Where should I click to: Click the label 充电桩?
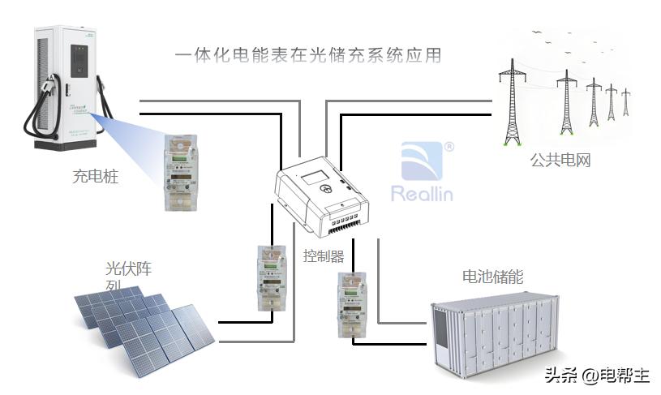(x=96, y=175)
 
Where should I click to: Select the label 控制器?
(x=324, y=256)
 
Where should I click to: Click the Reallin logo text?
(x=422, y=194)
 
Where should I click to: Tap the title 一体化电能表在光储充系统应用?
(x=308, y=55)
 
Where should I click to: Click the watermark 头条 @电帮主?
(x=597, y=376)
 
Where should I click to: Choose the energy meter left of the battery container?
(x=351, y=306)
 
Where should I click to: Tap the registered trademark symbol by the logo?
(x=449, y=147)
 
